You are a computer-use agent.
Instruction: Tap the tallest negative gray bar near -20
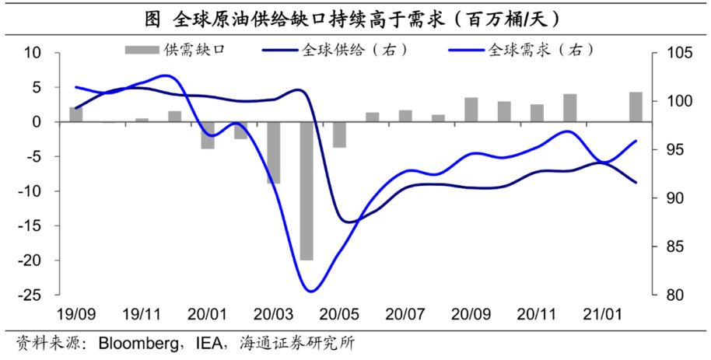306,191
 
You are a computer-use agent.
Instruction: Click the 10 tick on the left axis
32,53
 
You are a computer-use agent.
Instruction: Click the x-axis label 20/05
339,314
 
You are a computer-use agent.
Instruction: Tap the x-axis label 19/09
75,314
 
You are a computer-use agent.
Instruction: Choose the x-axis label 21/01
603,314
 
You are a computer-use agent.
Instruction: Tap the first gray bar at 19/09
75,114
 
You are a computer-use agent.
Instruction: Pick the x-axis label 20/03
273,314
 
